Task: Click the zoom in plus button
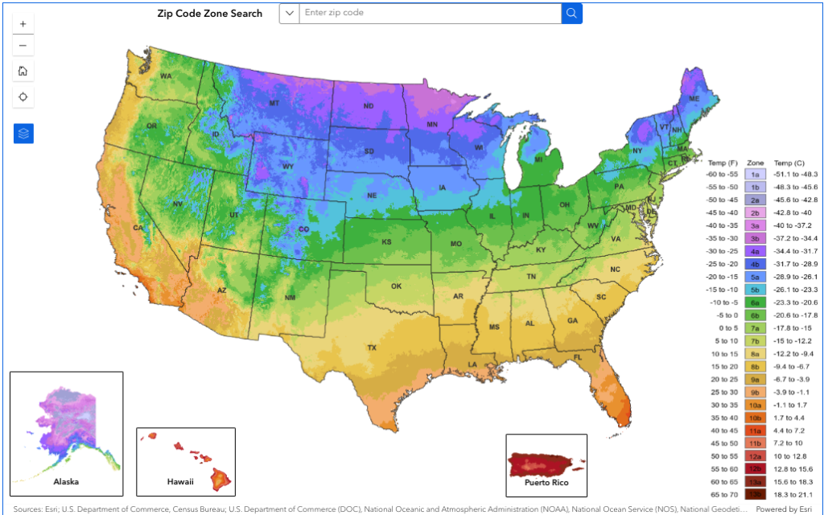(23, 24)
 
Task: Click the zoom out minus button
(23, 45)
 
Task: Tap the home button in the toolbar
(23, 71)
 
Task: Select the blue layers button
(23, 134)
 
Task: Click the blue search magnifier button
(571, 14)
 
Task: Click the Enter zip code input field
(430, 14)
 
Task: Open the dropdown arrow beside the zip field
(289, 14)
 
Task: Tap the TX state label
(372, 348)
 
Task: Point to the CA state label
(138, 228)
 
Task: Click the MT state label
(274, 103)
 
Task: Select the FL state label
(578, 356)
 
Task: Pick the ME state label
(693, 97)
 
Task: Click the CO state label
(303, 229)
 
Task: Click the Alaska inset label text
(66, 481)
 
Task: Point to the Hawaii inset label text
(180, 482)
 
